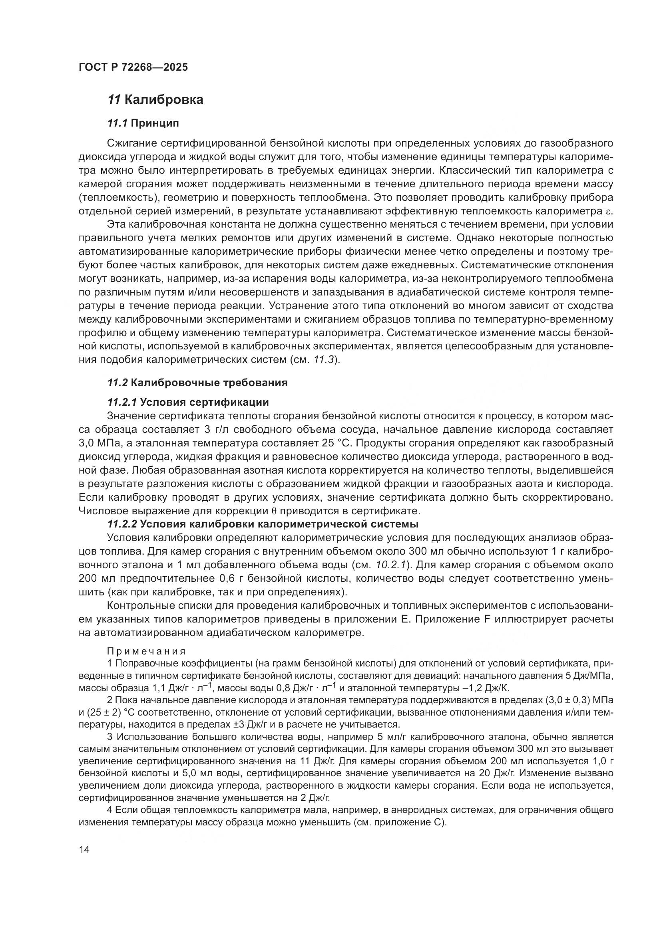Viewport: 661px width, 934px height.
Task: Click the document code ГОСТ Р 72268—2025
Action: (133, 67)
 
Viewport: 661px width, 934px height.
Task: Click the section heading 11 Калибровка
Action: (155, 100)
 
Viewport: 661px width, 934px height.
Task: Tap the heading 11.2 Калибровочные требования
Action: (197, 383)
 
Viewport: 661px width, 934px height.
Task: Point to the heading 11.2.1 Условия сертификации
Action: (188, 403)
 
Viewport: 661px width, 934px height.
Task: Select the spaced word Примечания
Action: (146, 651)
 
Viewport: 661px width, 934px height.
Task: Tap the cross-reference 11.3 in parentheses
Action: (326, 360)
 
